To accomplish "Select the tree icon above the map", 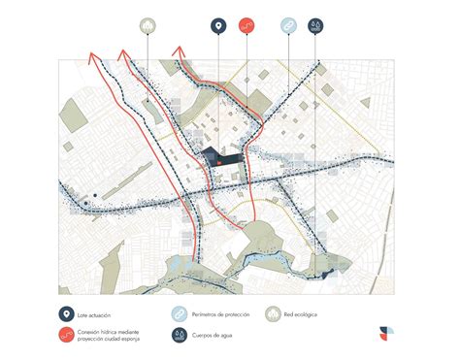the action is click(x=147, y=25).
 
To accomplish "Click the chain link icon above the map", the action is click(x=289, y=25).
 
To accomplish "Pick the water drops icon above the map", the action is click(x=316, y=25).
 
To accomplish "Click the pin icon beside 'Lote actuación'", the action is click(x=65, y=313).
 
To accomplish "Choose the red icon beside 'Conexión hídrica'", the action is click(x=65, y=336).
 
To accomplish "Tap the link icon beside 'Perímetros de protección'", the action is click(x=180, y=313).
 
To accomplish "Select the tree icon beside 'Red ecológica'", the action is click(x=276, y=313).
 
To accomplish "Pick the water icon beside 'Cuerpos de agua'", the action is click(x=180, y=336).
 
